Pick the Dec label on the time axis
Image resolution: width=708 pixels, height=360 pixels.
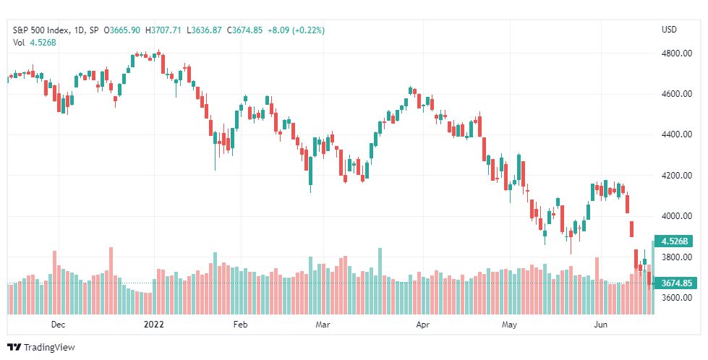[59, 325]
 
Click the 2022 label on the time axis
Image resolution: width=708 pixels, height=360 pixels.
[154, 325]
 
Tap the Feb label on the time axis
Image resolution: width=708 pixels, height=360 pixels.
[239, 325]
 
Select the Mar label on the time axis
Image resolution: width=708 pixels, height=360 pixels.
[323, 325]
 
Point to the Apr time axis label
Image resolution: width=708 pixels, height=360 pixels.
[423, 325]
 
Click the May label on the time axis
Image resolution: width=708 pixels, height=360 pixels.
[511, 325]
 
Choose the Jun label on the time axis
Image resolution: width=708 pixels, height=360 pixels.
[601, 325]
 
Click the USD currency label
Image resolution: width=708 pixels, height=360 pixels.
[669, 30]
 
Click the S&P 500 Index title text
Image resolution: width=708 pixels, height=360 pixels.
[41, 30]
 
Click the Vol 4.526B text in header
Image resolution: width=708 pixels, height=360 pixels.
[35, 43]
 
